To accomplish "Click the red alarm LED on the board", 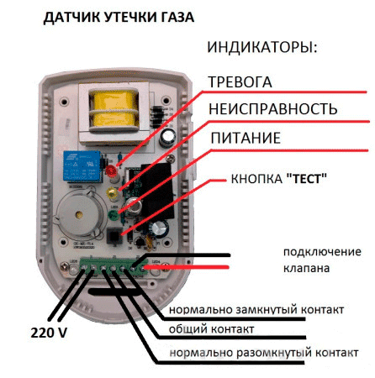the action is pyautogui.click(x=112, y=171).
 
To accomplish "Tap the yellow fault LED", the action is pyautogui.click(x=112, y=193).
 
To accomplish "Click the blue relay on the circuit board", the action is pyautogui.click(x=82, y=165).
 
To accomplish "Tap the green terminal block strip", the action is pyautogui.click(x=114, y=268).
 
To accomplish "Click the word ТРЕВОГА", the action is pyautogui.click(x=240, y=82).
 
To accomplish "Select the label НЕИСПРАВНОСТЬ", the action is pyautogui.click(x=273, y=109).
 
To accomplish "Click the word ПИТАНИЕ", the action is pyautogui.click(x=246, y=138).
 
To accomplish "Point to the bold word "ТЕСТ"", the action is pyautogui.click(x=307, y=179).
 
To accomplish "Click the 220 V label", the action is pyautogui.click(x=49, y=333).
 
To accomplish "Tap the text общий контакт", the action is pyautogui.click(x=212, y=329).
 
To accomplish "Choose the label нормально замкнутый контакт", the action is pyautogui.click(x=256, y=310).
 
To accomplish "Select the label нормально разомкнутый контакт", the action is pyautogui.click(x=264, y=353).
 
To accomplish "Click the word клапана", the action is pyautogui.click(x=306, y=268).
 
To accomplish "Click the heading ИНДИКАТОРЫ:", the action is pyautogui.click(x=262, y=47).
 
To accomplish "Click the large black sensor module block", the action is pyautogui.click(x=157, y=191).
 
